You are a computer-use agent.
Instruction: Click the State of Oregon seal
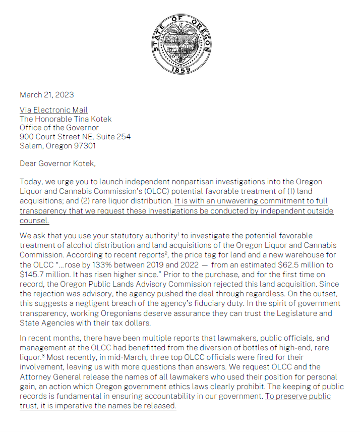[x=181, y=44]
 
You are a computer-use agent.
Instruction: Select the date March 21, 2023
[x=46, y=94]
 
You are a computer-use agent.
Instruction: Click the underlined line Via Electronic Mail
[x=53, y=110]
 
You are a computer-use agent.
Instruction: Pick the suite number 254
[x=123, y=137]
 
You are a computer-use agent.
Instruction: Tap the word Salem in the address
[x=31, y=146]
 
